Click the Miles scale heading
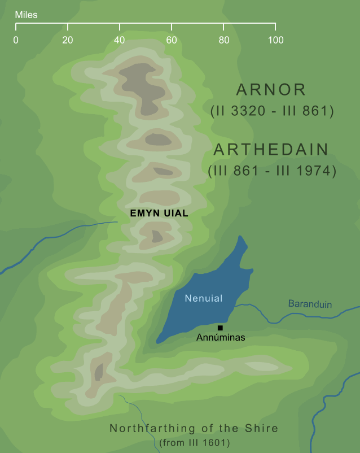[27, 15]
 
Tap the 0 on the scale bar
[16, 40]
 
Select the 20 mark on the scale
[68, 40]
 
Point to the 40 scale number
[120, 40]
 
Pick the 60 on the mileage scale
[172, 40]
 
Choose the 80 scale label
[223, 40]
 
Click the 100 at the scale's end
[275, 40]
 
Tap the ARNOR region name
[271, 89]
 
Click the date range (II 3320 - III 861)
[271, 111]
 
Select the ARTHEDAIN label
[271, 150]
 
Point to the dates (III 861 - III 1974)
[271, 171]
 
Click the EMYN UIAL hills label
[159, 214]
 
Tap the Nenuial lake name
[204, 298]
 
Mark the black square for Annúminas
[220, 328]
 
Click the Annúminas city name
[221, 338]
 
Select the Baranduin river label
[310, 304]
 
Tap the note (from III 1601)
[195, 442]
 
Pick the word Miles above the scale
[27, 15]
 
